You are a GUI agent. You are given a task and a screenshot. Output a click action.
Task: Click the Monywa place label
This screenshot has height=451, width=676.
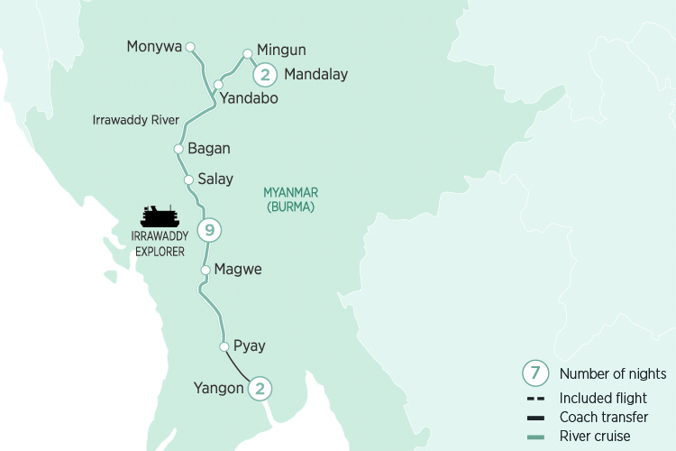(x=154, y=46)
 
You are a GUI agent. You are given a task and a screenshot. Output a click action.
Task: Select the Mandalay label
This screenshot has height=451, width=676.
(x=315, y=75)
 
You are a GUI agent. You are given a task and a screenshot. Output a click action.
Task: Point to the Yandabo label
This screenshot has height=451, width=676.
(x=250, y=99)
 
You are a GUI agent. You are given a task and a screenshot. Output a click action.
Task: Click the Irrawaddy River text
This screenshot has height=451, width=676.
(x=136, y=120)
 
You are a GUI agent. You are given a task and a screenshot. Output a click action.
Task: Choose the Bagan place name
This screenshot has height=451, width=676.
(x=209, y=149)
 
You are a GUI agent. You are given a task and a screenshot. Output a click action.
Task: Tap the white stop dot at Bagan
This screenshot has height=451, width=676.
(x=178, y=149)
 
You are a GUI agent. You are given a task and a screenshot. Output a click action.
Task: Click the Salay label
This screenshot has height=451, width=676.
(x=215, y=179)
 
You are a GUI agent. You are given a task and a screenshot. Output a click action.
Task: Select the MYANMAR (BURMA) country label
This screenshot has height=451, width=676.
(x=290, y=199)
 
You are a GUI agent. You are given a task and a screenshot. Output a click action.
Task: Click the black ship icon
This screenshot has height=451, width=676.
(x=160, y=216)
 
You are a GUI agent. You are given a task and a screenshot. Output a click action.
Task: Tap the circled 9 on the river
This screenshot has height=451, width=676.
(x=209, y=231)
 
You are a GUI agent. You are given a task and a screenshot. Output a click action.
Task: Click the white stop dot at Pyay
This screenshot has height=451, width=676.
(x=224, y=345)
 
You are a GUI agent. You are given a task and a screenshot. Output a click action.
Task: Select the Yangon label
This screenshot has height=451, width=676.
(x=218, y=389)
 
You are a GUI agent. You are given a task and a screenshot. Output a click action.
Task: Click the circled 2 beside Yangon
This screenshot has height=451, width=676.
(x=260, y=389)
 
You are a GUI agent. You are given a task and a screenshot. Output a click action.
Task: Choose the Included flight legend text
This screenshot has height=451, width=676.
(x=603, y=398)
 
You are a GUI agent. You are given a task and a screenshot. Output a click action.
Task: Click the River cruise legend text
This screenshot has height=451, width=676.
(x=596, y=436)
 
